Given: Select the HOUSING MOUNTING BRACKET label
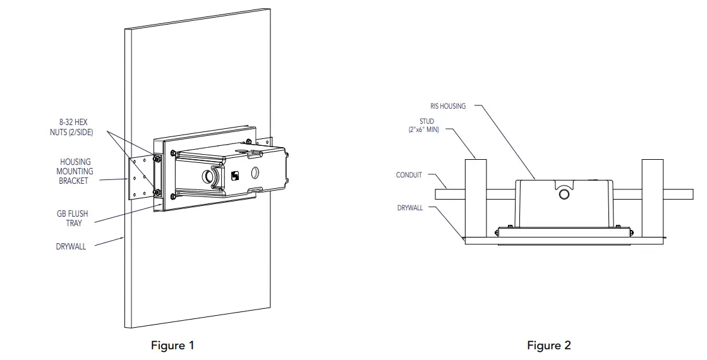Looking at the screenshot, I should [75, 171].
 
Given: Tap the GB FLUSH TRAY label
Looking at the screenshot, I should [73, 219].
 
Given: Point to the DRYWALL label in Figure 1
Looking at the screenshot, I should [71, 246].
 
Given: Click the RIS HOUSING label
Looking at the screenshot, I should [448, 106].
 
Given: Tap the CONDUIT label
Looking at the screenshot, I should [409, 175].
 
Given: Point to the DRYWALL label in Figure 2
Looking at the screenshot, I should [410, 208].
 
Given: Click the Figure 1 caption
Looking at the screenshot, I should [172, 345].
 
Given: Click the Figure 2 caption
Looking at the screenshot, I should [549, 345].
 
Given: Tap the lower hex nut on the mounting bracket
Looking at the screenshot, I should [157, 193].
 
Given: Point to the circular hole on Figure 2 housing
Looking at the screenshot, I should [564, 195].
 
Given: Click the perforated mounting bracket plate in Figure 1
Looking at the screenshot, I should [141, 179].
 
